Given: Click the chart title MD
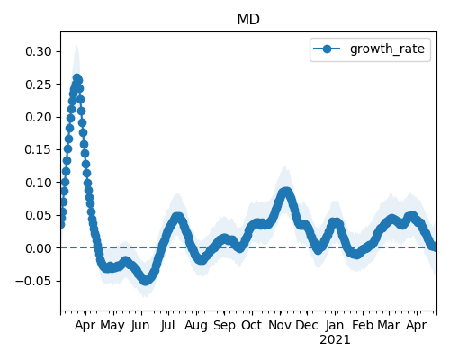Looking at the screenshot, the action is pyautogui.click(x=248, y=20).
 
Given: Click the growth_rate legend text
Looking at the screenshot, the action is pyautogui.click(x=387, y=49).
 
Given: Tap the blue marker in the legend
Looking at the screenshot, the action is pyautogui.click(x=327, y=49).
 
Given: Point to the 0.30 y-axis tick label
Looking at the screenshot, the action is pyautogui.click(x=39, y=51).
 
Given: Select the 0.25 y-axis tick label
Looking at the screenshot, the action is pyautogui.click(x=39, y=85).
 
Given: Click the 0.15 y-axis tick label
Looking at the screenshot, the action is pyautogui.click(x=39, y=149).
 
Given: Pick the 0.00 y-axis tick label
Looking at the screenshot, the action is pyautogui.click(x=39, y=248).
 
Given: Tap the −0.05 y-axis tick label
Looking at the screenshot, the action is pyautogui.click(x=34, y=281).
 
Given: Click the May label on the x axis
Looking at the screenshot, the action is pyautogui.click(x=112, y=326).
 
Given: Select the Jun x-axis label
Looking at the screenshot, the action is pyautogui.click(x=140, y=326).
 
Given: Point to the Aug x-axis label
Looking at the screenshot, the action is pyautogui.click(x=196, y=326).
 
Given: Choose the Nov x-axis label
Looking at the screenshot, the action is pyautogui.click(x=280, y=325).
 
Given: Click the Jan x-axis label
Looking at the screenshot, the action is pyautogui.click(x=335, y=325).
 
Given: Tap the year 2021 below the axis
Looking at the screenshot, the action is pyautogui.click(x=335, y=340).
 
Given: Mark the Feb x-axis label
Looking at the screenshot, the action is pyautogui.click(x=363, y=325).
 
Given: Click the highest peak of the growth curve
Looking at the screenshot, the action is pyautogui.click(x=77, y=78).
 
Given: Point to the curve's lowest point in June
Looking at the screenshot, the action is pyautogui.click(x=146, y=281).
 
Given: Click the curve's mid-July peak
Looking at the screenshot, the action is pyautogui.click(x=177, y=217).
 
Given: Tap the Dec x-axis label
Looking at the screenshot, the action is pyautogui.click(x=307, y=325).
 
